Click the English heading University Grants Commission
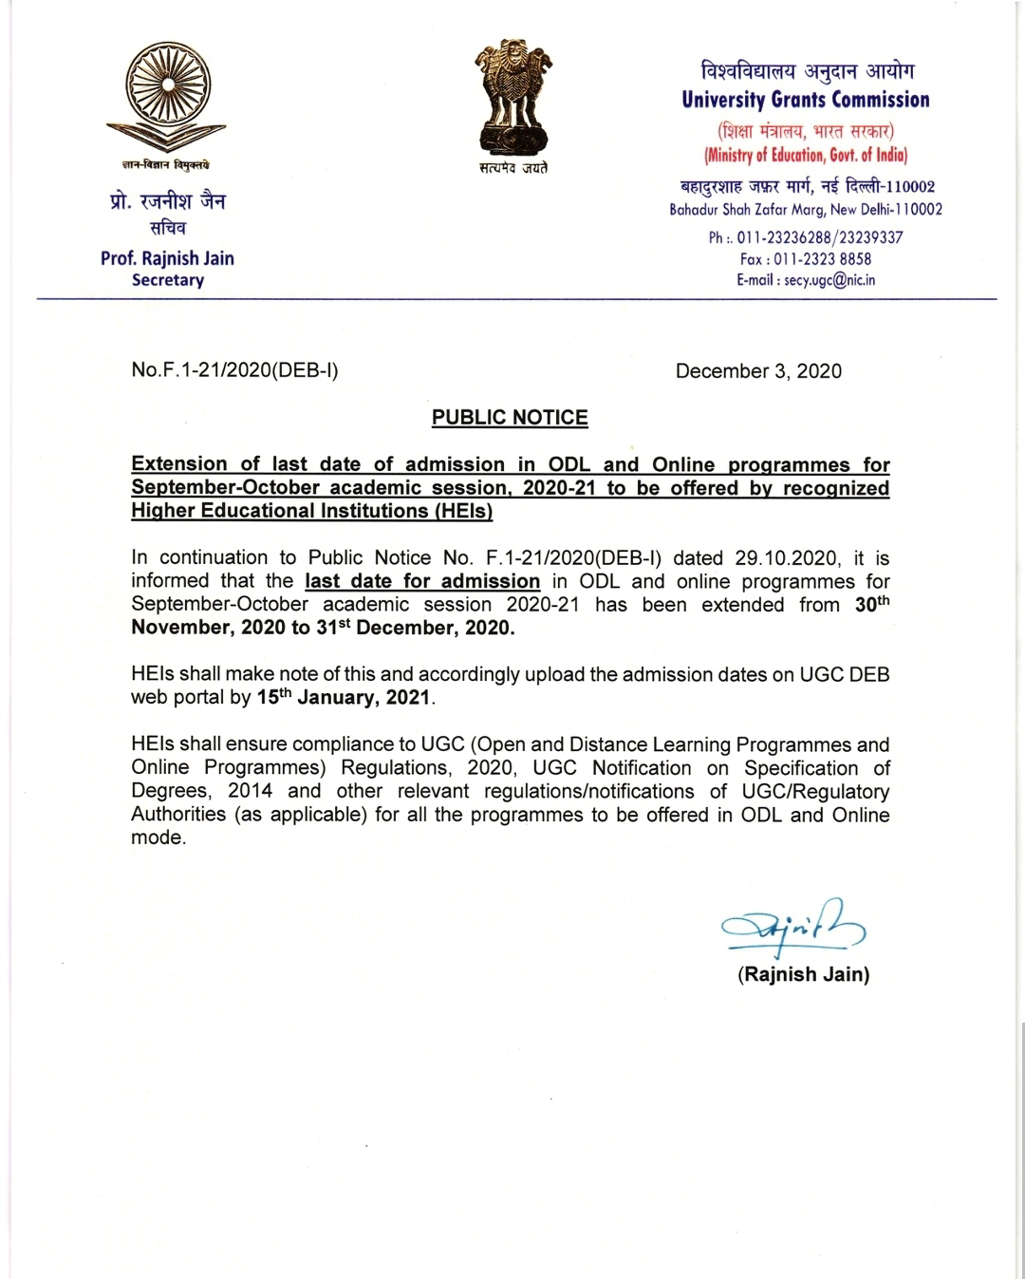pyautogui.click(x=805, y=101)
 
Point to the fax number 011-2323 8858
pyautogui.click(x=806, y=258)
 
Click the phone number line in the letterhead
pyautogui.click(x=806, y=236)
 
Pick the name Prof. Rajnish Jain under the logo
pyautogui.click(x=167, y=258)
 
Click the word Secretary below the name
pyautogui.click(x=168, y=280)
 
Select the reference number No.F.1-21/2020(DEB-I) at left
pyautogui.click(x=234, y=370)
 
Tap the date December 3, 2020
pyautogui.click(x=758, y=371)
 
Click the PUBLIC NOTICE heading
pyautogui.click(x=510, y=418)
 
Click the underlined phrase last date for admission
pyautogui.click(x=422, y=581)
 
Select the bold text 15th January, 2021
pyautogui.click(x=344, y=698)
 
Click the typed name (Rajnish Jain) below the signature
pyautogui.click(x=803, y=974)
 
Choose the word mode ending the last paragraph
pyautogui.click(x=157, y=838)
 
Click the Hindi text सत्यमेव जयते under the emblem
pyautogui.click(x=512, y=168)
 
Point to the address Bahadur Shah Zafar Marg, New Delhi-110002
pyautogui.click(x=806, y=209)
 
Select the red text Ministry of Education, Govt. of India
pyautogui.click(x=806, y=155)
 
